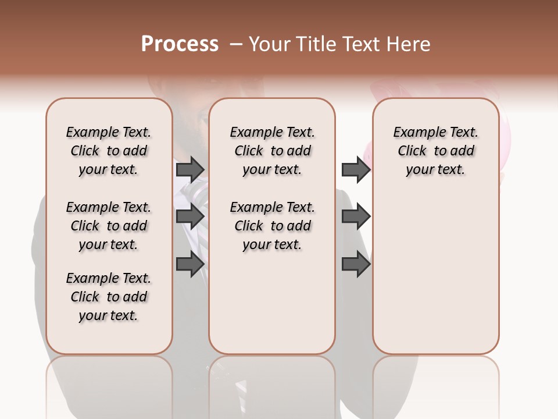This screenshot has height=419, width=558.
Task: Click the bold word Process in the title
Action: point(180,44)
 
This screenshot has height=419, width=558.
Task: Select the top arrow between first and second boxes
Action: point(190,170)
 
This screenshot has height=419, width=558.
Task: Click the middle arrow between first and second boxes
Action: point(190,216)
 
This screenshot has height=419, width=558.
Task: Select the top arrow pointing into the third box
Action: point(355,170)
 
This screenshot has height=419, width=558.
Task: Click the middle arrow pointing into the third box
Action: point(355,216)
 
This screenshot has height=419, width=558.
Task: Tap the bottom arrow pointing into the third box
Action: point(355,265)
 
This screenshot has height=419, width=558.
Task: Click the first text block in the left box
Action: point(109,151)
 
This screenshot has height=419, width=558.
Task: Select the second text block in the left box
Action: point(109,226)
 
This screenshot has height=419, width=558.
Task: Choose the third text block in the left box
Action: point(109,297)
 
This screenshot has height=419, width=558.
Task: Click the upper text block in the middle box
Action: point(272,151)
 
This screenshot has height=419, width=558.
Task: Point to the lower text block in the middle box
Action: point(272,226)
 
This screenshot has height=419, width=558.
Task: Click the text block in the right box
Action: point(435,151)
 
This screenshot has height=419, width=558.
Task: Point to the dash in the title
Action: point(235,44)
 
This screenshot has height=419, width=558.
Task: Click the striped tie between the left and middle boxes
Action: point(197,195)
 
